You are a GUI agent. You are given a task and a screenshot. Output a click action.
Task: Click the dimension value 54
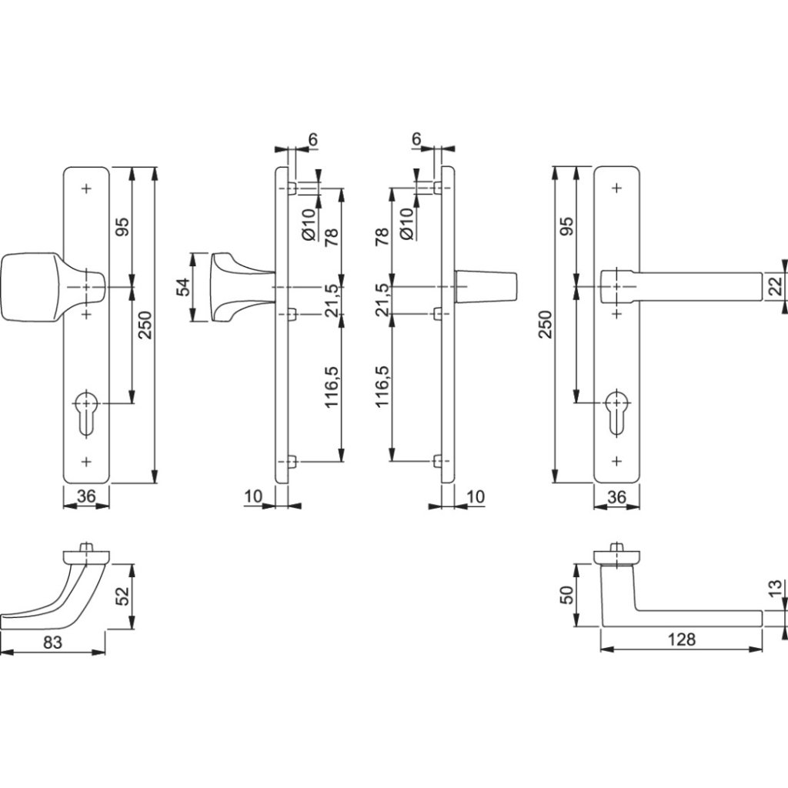point(183,287)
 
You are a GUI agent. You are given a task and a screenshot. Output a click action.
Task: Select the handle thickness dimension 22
point(775,287)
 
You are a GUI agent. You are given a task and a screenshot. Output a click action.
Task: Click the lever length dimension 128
point(681,639)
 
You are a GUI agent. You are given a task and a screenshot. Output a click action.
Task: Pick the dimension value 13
point(775,589)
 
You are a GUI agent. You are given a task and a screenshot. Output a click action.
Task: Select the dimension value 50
point(566,596)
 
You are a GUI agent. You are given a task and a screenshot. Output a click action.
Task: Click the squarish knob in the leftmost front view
point(31,285)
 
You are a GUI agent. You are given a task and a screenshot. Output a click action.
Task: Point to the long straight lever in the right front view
point(693,285)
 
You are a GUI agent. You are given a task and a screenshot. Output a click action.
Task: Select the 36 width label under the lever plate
point(616,497)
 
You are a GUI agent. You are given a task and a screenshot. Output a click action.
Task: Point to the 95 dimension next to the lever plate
point(566,226)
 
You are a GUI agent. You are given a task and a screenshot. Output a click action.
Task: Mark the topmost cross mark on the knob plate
point(85,188)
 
